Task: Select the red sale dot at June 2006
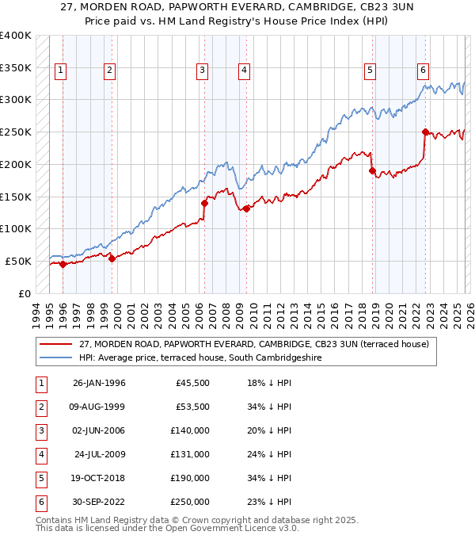point(204,203)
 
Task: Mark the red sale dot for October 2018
point(370,170)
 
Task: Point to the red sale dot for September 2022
point(425,132)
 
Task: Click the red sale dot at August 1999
point(112,258)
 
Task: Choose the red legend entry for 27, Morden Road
point(253,344)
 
